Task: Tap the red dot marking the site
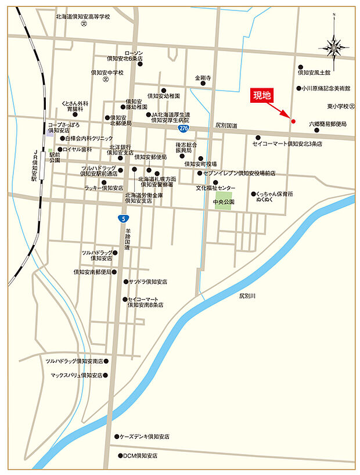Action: pyautogui.click(x=293, y=121)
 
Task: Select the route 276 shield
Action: pyautogui.click(x=183, y=128)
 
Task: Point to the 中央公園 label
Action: pyautogui.click(x=223, y=202)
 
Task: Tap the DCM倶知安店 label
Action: pyautogui.click(x=140, y=456)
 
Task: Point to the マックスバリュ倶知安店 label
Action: pyautogui.click(x=76, y=376)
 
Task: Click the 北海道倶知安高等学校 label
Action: pyautogui.click(x=82, y=17)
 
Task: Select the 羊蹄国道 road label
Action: pyautogui.click(x=127, y=239)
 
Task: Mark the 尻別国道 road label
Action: pyautogui.click(x=226, y=125)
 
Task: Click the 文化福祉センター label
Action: pyautogui.click(x=215, y=188)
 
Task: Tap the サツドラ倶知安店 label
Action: pyautogui.click(x=148, y=282)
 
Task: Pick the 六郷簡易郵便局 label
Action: pyautogui.click(x=327, y=124)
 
